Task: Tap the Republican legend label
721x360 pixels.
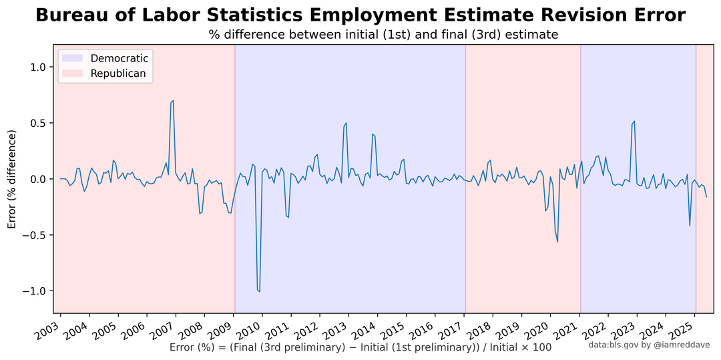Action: pyautogui.click(x=118, y=73)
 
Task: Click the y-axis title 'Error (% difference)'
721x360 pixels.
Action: pyautogui.click(x=13, y=179)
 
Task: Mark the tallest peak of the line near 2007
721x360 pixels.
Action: pyautogui.click(x=172, y=100)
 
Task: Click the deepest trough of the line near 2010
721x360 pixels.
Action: pyautogui.click(x=260, y=291)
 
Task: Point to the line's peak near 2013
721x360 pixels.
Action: pyautogui.click(x=346, y=123)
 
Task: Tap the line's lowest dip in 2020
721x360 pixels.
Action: pyautogui.click(x=557, y=242)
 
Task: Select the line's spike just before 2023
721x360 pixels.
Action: pyautogui.click(x=635, y=122)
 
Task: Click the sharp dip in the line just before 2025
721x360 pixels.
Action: pyautogui.click(x=690, y=226)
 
